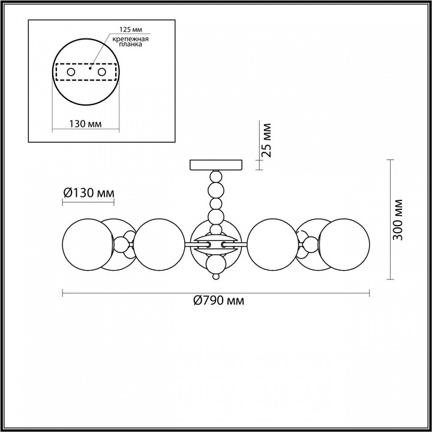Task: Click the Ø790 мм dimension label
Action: click(219, 301)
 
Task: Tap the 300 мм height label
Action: click(398, 220)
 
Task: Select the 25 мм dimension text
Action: click(266, 140)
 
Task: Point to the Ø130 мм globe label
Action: click(88, 193)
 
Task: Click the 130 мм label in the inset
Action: click(85, 124)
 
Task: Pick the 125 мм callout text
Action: click(131, 30)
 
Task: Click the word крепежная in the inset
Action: click(131, 39)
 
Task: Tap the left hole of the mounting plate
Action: click(71, 72)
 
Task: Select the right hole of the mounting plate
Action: click(101, 72)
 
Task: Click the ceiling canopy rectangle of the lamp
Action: click(216, 165)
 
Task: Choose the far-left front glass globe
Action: click(88, 244)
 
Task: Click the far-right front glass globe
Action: click(344, 244)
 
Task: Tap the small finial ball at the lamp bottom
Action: click(216, 276)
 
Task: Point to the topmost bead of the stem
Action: click(216, 176)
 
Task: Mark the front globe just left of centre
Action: click(159, 244)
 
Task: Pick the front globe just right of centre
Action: click(273, 244)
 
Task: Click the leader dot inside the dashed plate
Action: click(90, 68)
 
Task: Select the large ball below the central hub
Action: click(216, 263)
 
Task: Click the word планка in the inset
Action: click(131, 44)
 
